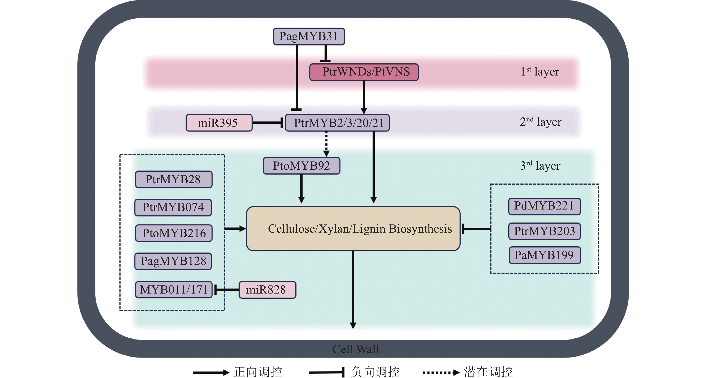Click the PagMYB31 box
click(309, 37)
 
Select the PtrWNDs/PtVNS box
click(364, 72)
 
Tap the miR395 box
click(219, 123)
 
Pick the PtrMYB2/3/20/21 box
click(337, 123)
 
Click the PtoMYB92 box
click(301, 166)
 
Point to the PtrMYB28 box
click(173, 179)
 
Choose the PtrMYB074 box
click(173, 207)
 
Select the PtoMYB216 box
click(173, 233)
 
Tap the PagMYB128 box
click(173, 261)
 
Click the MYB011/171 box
click(173, 289)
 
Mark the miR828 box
click(267, 289)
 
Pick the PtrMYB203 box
click(544, 231)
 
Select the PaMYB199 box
click(545, 255)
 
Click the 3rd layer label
click(540, 166)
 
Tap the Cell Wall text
click(355, 349)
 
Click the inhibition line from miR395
click(267, 123)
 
